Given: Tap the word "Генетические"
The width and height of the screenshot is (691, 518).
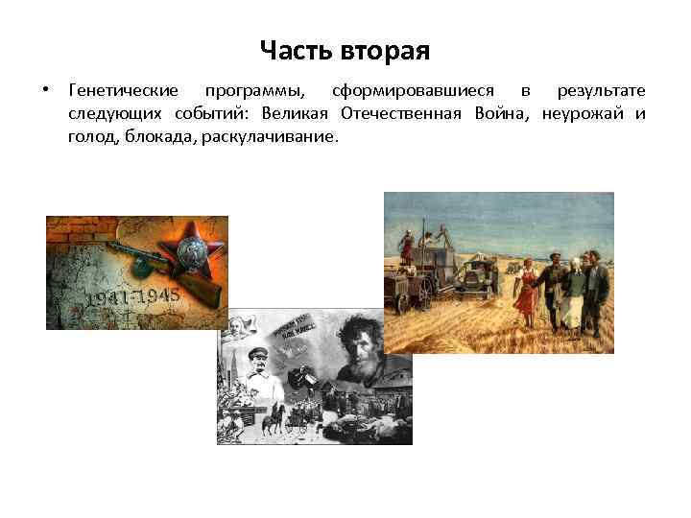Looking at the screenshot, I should [x=124, y=91].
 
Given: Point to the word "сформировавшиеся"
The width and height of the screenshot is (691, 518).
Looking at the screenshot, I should [x=414, y=91].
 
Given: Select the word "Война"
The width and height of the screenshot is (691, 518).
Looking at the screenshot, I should [x=500, y=114].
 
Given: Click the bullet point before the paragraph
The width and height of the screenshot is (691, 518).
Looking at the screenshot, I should [x=45, y=91].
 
